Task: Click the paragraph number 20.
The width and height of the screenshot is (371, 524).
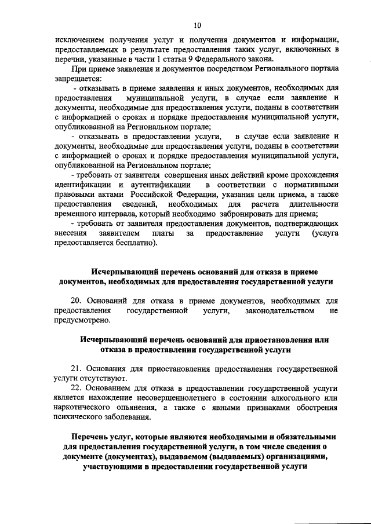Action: [x=76, y=302]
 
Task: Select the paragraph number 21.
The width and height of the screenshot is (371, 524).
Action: [x=76, y=369]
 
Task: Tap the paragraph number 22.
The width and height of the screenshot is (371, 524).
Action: [x=76, y=389]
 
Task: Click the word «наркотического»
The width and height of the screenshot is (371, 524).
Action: [x=85, y=408]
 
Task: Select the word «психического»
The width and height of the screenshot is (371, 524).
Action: [x=79, y=418]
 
